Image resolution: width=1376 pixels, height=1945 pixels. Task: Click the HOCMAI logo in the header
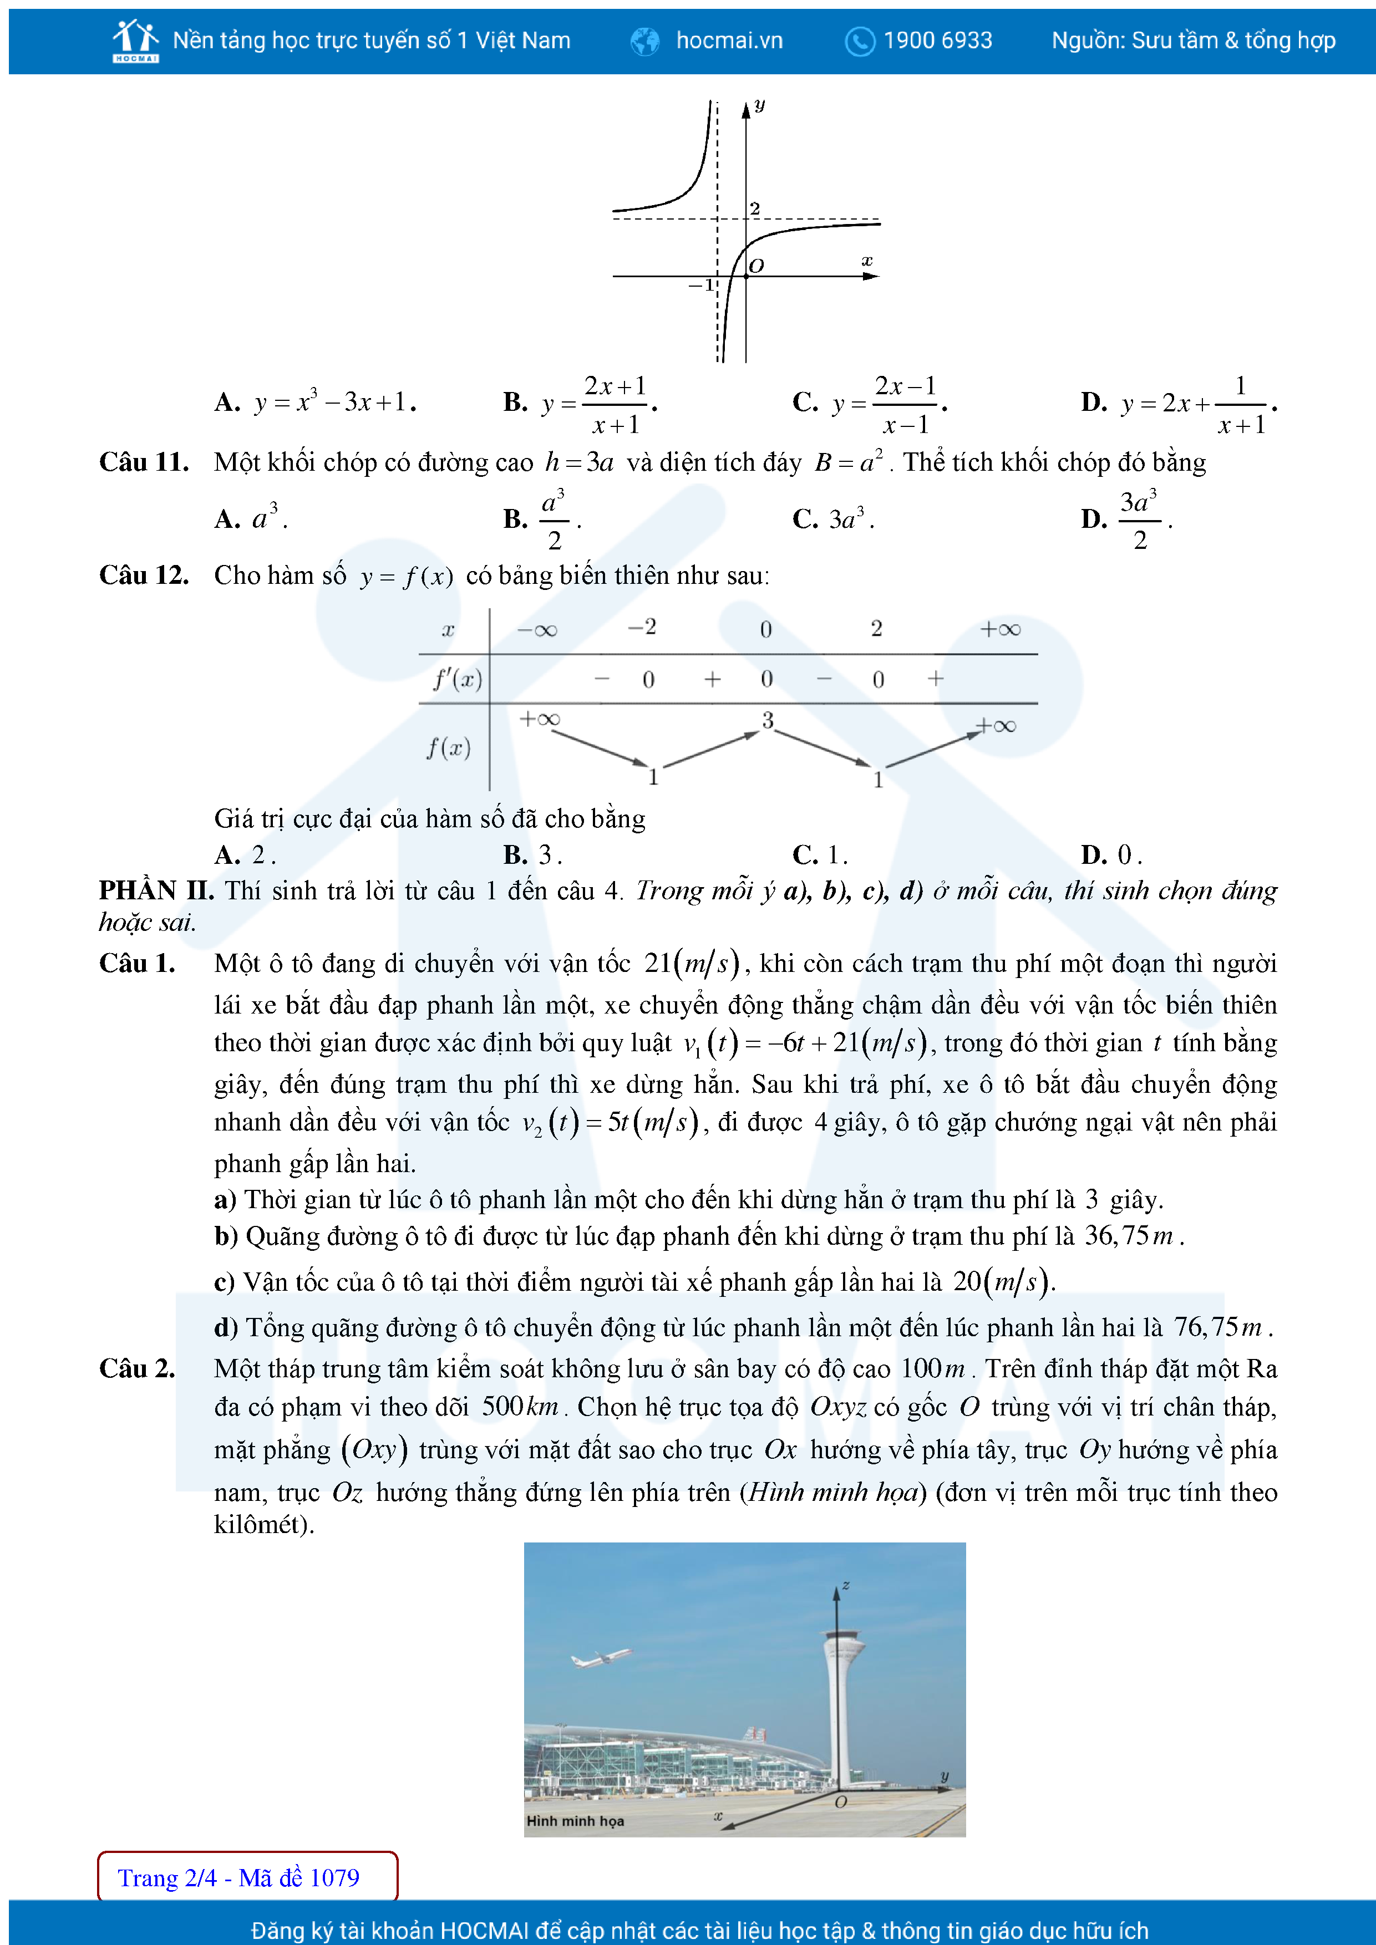coord(135,40)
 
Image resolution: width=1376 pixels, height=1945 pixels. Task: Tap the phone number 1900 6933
coord(937,40)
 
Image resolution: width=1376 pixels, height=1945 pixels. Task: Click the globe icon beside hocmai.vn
coord(645,40)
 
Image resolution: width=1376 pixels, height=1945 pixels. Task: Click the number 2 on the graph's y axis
coord(755,208)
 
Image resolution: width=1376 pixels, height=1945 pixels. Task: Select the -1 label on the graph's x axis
coord(702,286)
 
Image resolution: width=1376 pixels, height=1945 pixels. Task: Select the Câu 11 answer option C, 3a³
coord(833,518)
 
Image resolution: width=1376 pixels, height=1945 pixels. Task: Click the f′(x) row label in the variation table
coord(458,679)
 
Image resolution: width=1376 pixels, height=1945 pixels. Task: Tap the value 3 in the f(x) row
coord(768,720)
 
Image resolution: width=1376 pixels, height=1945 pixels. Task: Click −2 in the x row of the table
coord(641,627)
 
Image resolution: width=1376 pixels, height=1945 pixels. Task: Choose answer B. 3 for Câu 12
coord(532,855)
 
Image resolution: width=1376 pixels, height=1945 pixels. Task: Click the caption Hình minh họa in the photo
coord(575,1820)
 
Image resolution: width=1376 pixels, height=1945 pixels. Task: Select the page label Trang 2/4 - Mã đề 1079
coord(239,1878)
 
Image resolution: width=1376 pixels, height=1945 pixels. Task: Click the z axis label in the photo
coord(846,1584)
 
